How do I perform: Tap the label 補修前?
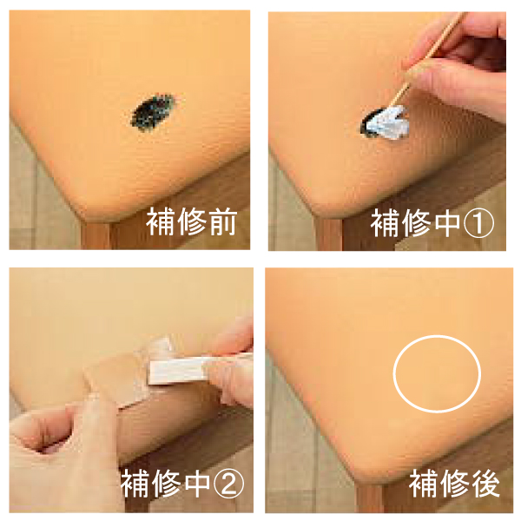pyautogui.click(x=192, y=221)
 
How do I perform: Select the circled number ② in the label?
pyautogui.click(x=228, y=484)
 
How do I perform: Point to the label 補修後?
pyautogui.click(x=454, y=484)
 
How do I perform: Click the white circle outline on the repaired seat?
pyautogui.click(x=394, y=373)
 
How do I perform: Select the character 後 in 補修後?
pyautogui.click(x=485, y=484)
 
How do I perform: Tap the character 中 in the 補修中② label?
pyautogui.click(x=197, y=484)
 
